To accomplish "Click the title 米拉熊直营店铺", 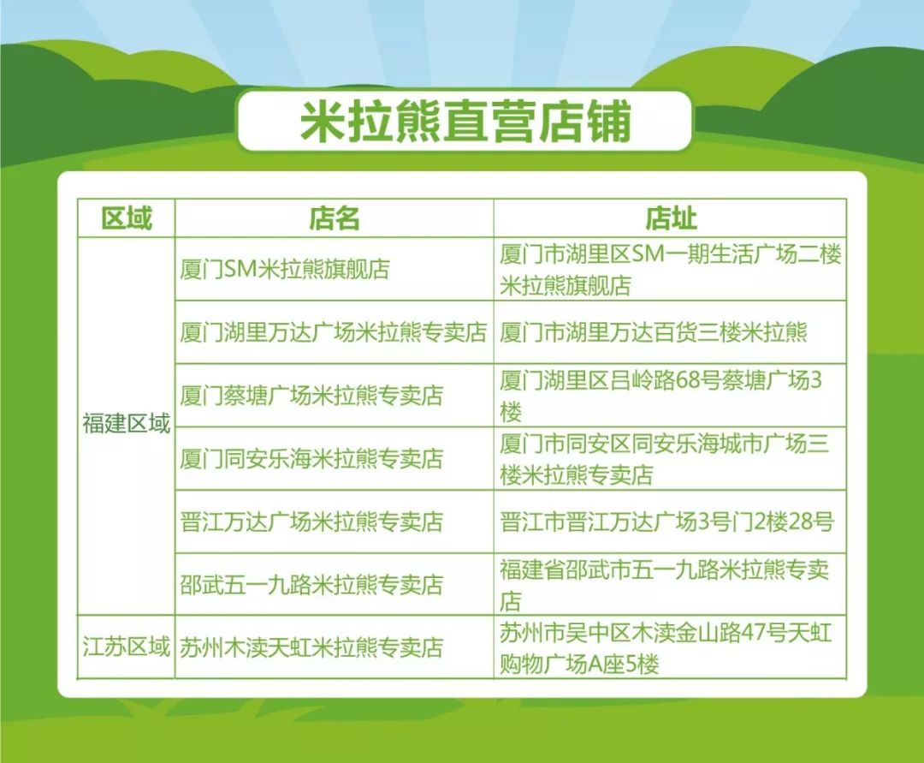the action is pos(465,122).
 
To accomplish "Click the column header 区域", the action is pos(127,218).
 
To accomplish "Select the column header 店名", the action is pos(335,218).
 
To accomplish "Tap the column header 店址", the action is pos(671,218).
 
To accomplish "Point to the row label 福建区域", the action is pos(126,423).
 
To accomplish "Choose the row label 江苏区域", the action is pos(126,647).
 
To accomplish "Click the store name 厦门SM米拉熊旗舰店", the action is pos(285,270).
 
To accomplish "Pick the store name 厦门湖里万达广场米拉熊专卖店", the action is pos(334,332).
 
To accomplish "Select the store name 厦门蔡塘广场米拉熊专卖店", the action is pos(311,395).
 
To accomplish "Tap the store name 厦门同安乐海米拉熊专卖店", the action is pos(311,458).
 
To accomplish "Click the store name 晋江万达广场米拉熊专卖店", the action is pos(311,522).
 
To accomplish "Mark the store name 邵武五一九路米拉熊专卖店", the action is pos(311,585).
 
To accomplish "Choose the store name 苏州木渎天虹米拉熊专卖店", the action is pos(311,647).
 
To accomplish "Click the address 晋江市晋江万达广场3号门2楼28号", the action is pos(667,522).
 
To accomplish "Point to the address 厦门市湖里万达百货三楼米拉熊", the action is pos(654,332).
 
